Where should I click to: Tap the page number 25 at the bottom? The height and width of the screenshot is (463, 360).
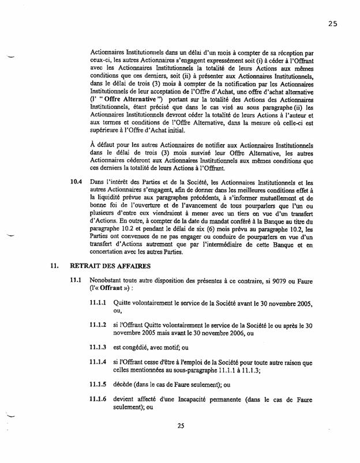click(181, 426)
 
